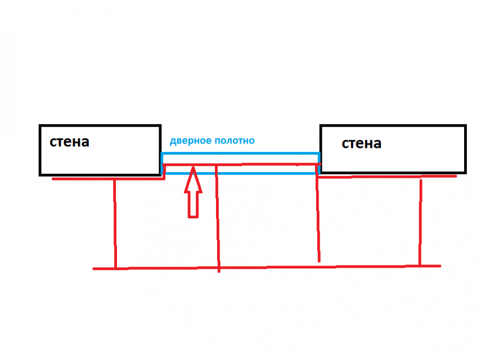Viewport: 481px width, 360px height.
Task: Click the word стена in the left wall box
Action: point(69,141)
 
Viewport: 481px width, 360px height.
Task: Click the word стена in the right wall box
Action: point(361,143)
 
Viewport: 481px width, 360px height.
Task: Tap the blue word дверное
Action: point(190,141)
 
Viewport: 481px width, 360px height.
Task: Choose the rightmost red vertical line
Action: point(420,222)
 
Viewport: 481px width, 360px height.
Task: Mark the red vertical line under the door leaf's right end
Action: point(318,219)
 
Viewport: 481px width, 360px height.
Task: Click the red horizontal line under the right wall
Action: point(388,177)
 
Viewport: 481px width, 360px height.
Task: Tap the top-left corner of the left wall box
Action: point(40,126)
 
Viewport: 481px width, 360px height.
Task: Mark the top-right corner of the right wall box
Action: point(465,126)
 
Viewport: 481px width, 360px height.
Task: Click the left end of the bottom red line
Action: point(94,269)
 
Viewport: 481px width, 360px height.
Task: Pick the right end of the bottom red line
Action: point(440,265)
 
